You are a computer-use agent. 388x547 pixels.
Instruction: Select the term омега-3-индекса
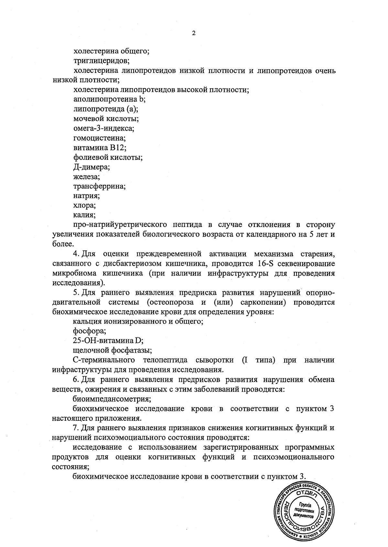click(103, 128)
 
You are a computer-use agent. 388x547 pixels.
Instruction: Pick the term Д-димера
click(92, 167)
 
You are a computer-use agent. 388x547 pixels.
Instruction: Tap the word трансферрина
click(99, 186)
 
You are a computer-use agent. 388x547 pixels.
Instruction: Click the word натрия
click(86, 196)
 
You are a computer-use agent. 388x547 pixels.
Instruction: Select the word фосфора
click(90, 331)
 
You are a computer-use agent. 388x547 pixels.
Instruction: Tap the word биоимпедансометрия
click(112, 399)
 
